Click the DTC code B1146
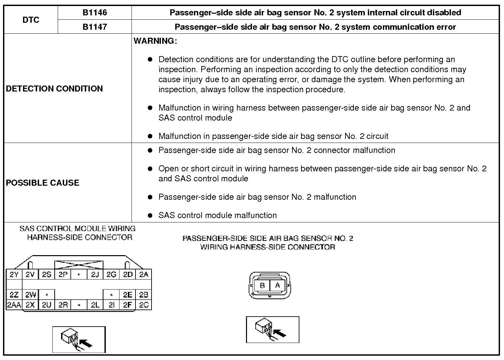(95, 13)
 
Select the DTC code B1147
(95, 27)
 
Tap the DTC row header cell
(31, 20)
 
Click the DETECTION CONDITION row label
(54, 88)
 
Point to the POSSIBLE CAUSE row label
(43, 183)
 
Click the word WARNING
(155, 41)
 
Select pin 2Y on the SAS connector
(14, 275)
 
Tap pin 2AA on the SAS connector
(14, 305)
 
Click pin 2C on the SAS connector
(144, 305)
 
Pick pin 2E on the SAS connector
(128, 295)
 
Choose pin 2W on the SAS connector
(30, 295)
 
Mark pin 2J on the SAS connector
(95, 275)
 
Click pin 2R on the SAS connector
(63, 305)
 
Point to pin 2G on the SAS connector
(111, 275)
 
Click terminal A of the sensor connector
(277, 286)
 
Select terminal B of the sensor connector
(262, 286)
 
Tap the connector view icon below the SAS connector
(79, 339)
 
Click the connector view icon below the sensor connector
(272, 330)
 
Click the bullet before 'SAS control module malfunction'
(150, 215)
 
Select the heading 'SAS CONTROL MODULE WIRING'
(77, 229)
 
